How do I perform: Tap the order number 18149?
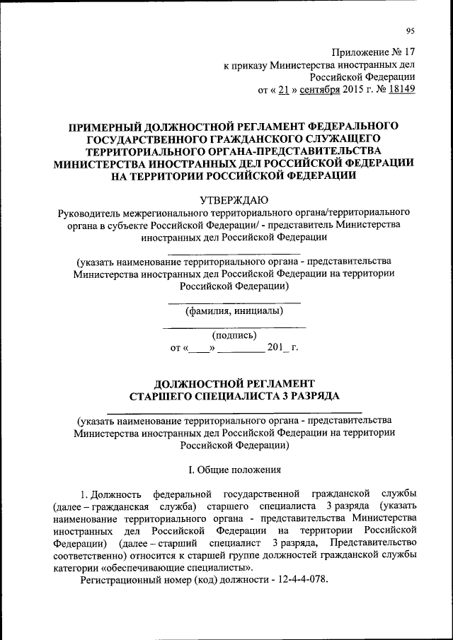[x=401, y=89]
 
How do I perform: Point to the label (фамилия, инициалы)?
[x=234, y=310]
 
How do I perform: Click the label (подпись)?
[x=234, y=335]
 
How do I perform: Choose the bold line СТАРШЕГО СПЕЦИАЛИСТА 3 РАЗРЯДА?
[x=234, y=397]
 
